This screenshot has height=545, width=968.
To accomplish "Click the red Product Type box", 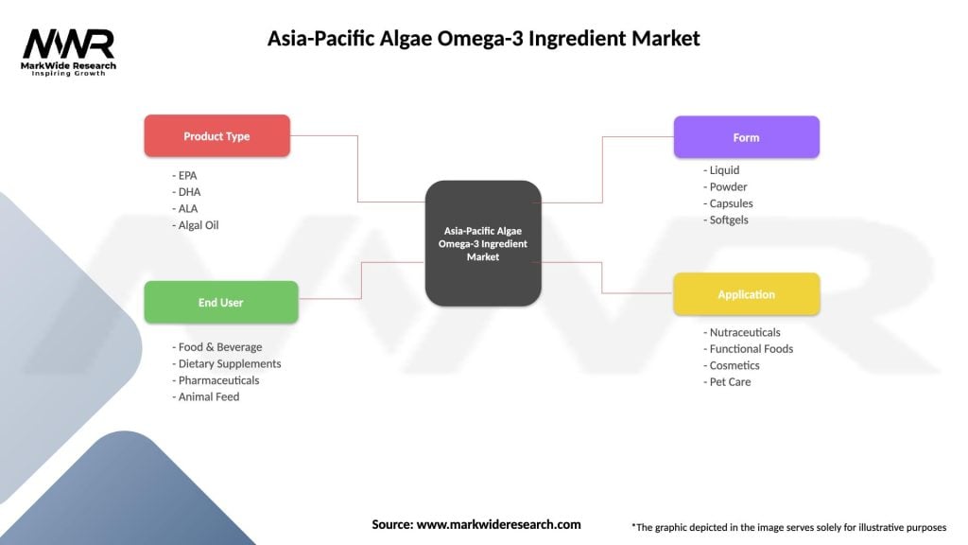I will click(216, 136).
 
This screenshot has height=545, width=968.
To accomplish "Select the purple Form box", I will click(746, 137).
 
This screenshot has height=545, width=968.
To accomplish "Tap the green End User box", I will click(220, 303).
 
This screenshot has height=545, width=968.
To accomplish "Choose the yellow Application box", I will click(746, 294).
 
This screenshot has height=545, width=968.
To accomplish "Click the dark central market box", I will click(482, 243).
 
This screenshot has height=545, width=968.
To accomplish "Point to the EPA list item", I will click(185, 176).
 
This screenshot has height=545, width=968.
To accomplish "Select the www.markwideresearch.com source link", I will click(499, 524).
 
